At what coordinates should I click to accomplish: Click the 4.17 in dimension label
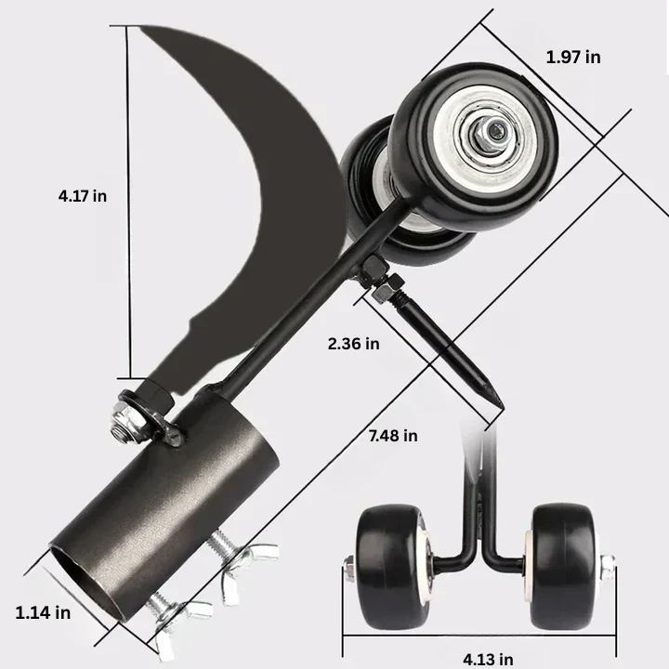coord(82,195)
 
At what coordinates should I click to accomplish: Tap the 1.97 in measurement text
coord(572,57)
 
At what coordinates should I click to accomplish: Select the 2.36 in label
coord(353,343)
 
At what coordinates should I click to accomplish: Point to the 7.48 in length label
coord(391,435)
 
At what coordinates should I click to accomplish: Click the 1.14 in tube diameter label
coord(43,611)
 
